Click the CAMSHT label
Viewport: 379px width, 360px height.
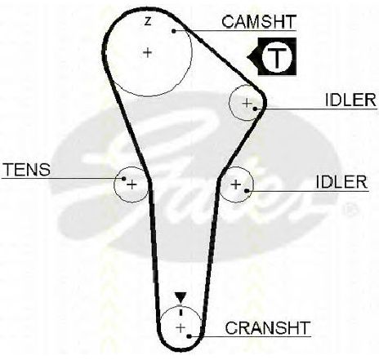[259, 22]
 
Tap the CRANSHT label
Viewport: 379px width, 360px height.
[268, 328]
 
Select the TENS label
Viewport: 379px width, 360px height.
[27, 169]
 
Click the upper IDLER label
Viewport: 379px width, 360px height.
[350, 100]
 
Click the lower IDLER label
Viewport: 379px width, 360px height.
[341, 182]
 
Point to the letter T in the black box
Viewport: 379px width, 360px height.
[277, 57]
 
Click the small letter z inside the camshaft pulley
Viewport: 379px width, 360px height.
[148, 21]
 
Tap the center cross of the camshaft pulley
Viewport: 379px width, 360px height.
[148, 52]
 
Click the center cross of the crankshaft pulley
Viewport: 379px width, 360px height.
[181, 328]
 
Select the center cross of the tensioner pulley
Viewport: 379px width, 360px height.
[132, 185]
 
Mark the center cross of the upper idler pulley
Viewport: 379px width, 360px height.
[247, 103]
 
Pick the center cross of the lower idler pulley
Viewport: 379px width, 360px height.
[236, 184]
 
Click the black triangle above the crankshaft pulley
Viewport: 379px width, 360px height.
[181, 297]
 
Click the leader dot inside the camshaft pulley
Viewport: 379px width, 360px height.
[174, 31]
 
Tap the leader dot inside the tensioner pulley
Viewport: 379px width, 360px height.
[124, 179]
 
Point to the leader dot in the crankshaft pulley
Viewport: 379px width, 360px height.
[189, 336]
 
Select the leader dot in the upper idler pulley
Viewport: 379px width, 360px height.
[255, 109]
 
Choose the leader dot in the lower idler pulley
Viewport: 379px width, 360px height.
[247, 191]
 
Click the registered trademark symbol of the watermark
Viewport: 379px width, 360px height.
[350, 210]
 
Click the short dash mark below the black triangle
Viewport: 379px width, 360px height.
[181, 310]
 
